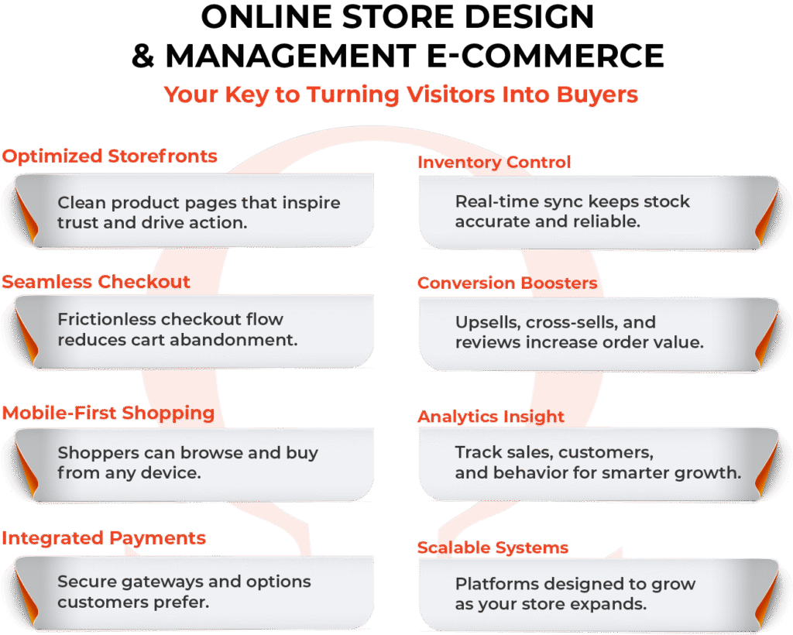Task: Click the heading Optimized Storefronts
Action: point(109,156)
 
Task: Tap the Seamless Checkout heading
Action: point(96,282)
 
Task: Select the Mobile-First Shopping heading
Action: point(108,414)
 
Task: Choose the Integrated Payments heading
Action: point(104,538)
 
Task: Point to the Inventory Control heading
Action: point(494,163)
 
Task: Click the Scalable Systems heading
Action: point(493,548)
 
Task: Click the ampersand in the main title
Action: point(144,56)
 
